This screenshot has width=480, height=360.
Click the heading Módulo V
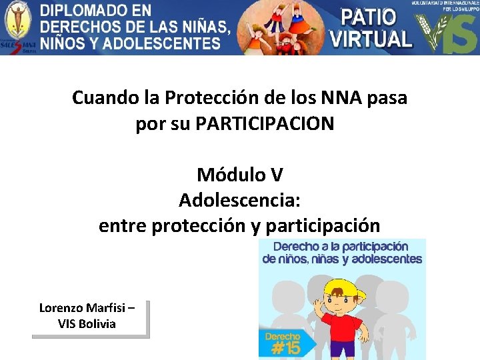pyautogui.click(x=240, y=175)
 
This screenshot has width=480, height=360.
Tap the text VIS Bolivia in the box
pyautogui.click(x=87, y=324)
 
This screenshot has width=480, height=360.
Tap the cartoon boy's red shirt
pyautogui.click(x=341, y=331)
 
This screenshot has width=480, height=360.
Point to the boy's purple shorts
pyautogui.click(x=342, y=353)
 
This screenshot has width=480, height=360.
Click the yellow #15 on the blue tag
pyautogui.click(x=283, y=347)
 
